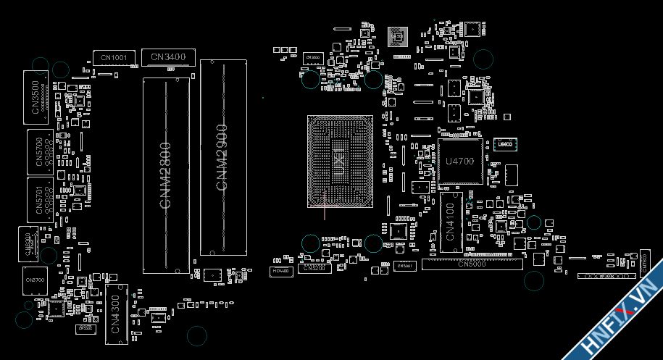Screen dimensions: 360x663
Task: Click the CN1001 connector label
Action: point(114,57)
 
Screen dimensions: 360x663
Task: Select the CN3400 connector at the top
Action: point(167,56)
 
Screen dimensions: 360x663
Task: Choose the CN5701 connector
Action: point(39,199)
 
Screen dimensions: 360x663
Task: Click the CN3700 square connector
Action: point(34,279)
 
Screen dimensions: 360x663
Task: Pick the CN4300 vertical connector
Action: point(116,311)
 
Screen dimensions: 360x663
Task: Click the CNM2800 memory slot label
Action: point(165,176)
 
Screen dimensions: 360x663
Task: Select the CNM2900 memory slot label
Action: point(222,157)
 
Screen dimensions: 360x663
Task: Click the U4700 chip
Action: point(459,161)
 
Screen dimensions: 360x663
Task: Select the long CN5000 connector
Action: point(472,264)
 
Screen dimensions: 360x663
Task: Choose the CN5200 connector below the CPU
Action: point(314,268)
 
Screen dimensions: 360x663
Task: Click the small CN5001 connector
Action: point(404,267)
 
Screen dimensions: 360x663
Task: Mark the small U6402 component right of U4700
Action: point(505,145)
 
